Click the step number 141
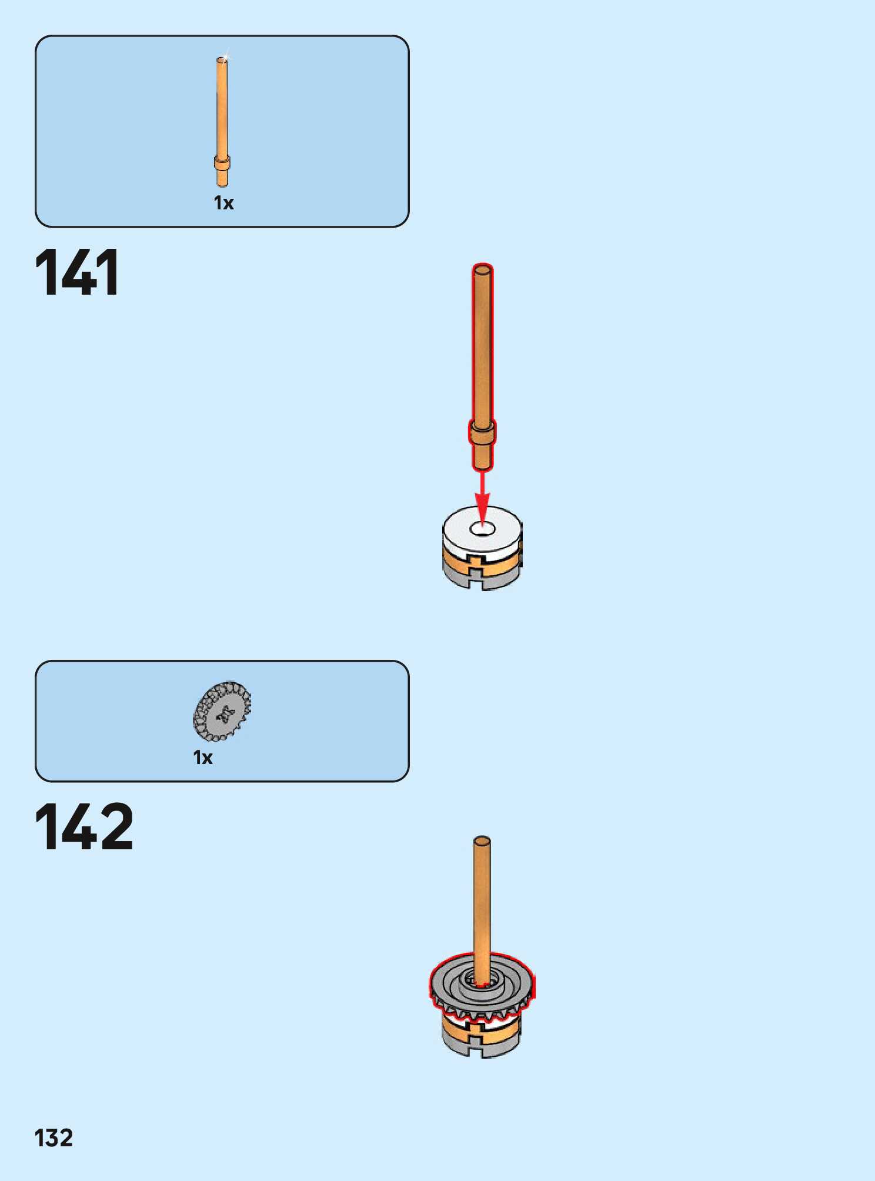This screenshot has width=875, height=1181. pyautogui.click(x=77, y=272)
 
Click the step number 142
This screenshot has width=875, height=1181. pyautogui.click(x=84, y=827)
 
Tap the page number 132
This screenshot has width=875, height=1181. pyautogui.click(x=54, y=1138)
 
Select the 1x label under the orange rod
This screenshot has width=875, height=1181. pyautogui.click(x=223, y=203)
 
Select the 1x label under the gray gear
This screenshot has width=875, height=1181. pyautogui.click(x=203, y=758)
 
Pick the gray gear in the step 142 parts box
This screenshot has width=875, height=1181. pyautogui.click(x=222, y=712)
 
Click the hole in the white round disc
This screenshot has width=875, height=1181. pyautogui.click(x=482, y=528)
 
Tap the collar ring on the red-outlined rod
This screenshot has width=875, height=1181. pyautogui.click(x=482, y=433)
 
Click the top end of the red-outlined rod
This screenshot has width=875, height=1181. pyautogui.click(x=482, y=271)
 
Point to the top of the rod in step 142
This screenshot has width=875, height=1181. pyautogui.click(x=482, y=842)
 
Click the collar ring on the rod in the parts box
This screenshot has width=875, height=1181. pyautogui.click(x=222, y=162)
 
